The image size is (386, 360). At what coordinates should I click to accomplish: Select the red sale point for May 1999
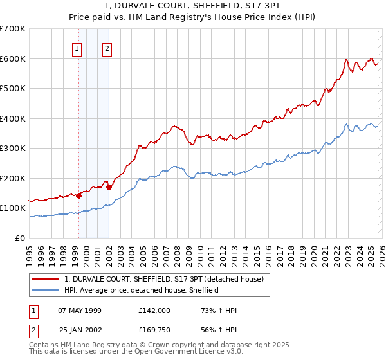click(x=78, y=195)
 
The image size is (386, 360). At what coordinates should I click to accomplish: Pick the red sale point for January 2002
click(x=109, y=188)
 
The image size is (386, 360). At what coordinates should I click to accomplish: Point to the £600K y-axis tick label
click(x=13, y=59)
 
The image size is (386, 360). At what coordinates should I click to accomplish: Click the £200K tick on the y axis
click(x=13, y=178)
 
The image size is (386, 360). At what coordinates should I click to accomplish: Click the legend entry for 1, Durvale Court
click(x=163, y=279)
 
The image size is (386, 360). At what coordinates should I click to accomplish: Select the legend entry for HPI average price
click(x=141, y=290)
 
